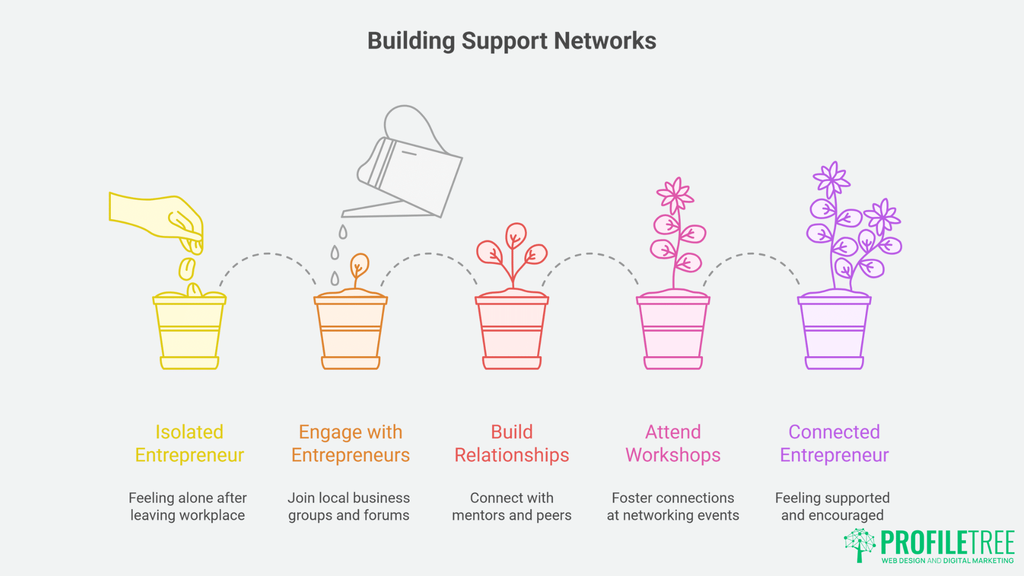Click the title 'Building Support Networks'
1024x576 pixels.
pyautogui.click(x=511, y=41)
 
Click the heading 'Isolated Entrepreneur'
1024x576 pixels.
pyautogui.click(x=189, y=443)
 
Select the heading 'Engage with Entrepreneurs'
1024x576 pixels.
pyautogui.click(x=350, y=443)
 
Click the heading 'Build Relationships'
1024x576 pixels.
pyautogui.click(x=511, y=443)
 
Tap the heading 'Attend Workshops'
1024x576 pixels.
pyautogui.click(x=673, y=443)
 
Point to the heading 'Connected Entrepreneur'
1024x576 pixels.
pyautogui.click(x=834, y=443)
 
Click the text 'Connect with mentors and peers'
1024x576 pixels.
pyautogui.click(x=511, y=506)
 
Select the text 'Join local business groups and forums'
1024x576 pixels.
pyautogui.click(x=349, y=506)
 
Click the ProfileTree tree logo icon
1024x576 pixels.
pyautogui.click(x=859, y=545)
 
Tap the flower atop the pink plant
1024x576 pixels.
pyautogui.click(x=675, y=195)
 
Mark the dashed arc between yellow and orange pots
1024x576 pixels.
pyautogui.click(x=268, y=254)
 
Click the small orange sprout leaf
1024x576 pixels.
pyautogui.click(x=360, y=264)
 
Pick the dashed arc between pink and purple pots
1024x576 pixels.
pyautogui.click(x=751, y=254)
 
